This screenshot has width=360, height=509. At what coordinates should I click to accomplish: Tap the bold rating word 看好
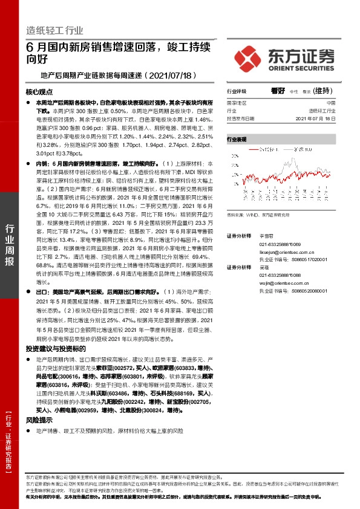278,91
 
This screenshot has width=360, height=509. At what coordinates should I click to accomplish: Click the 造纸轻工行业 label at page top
55,30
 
